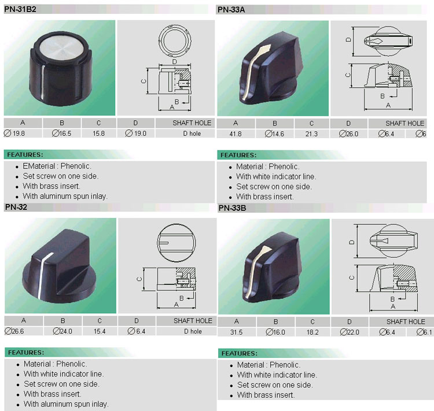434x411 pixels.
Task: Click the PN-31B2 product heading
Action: pos(20,9)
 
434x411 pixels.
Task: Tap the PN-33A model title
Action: pos(231,10)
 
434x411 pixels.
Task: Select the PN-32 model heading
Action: pos(16,207)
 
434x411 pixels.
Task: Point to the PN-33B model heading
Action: pos(232,208)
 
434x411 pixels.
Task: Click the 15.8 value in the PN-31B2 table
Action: pos(98,134)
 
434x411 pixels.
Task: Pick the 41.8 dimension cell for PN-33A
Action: pos(236,134)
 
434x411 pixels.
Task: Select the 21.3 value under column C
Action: pos(311,134)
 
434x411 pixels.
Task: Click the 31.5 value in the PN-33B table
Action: pos(236,332)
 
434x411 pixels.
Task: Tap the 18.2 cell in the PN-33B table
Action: pos(312,332)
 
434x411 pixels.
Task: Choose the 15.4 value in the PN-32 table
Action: pos(100,331)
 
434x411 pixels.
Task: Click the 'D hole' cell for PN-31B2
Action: pos(192,134)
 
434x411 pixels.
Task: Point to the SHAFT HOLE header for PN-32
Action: pos(193,321)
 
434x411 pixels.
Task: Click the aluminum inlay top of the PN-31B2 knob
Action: pos(64,47)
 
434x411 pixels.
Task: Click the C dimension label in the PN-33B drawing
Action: pos(352,277)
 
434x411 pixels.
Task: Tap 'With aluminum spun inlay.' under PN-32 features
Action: pos(66,404)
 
